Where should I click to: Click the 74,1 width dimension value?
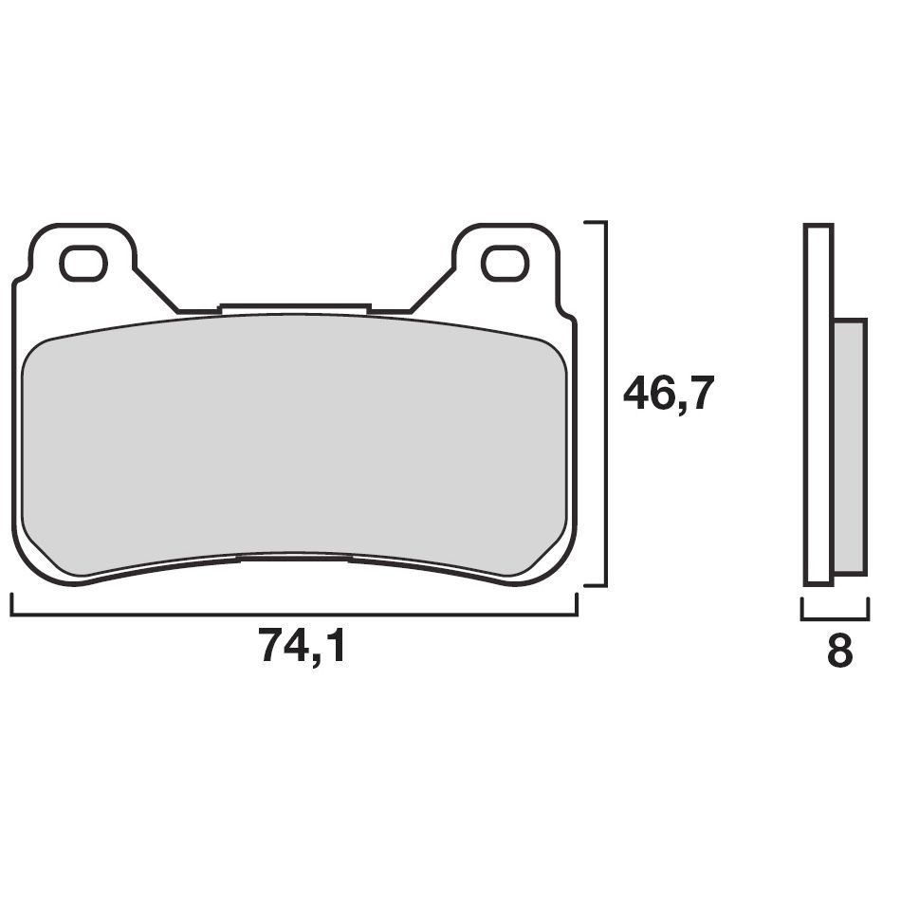point(303,648)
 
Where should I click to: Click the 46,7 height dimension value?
point(667,394)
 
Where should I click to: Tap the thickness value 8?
point(839,652)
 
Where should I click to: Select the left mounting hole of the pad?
point(83,263)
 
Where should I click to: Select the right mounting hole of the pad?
point(503,263)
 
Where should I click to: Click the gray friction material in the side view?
point(850,446)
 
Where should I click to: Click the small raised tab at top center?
point(294,308)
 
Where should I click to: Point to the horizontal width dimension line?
point(294,615)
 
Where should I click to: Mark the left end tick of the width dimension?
point(12,605)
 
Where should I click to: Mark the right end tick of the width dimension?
point(576,605)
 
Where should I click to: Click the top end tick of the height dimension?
point(595,222)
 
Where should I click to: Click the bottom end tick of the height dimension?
point(595,585)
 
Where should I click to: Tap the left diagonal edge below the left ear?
point(156,289)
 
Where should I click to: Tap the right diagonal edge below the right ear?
point(432,289)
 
